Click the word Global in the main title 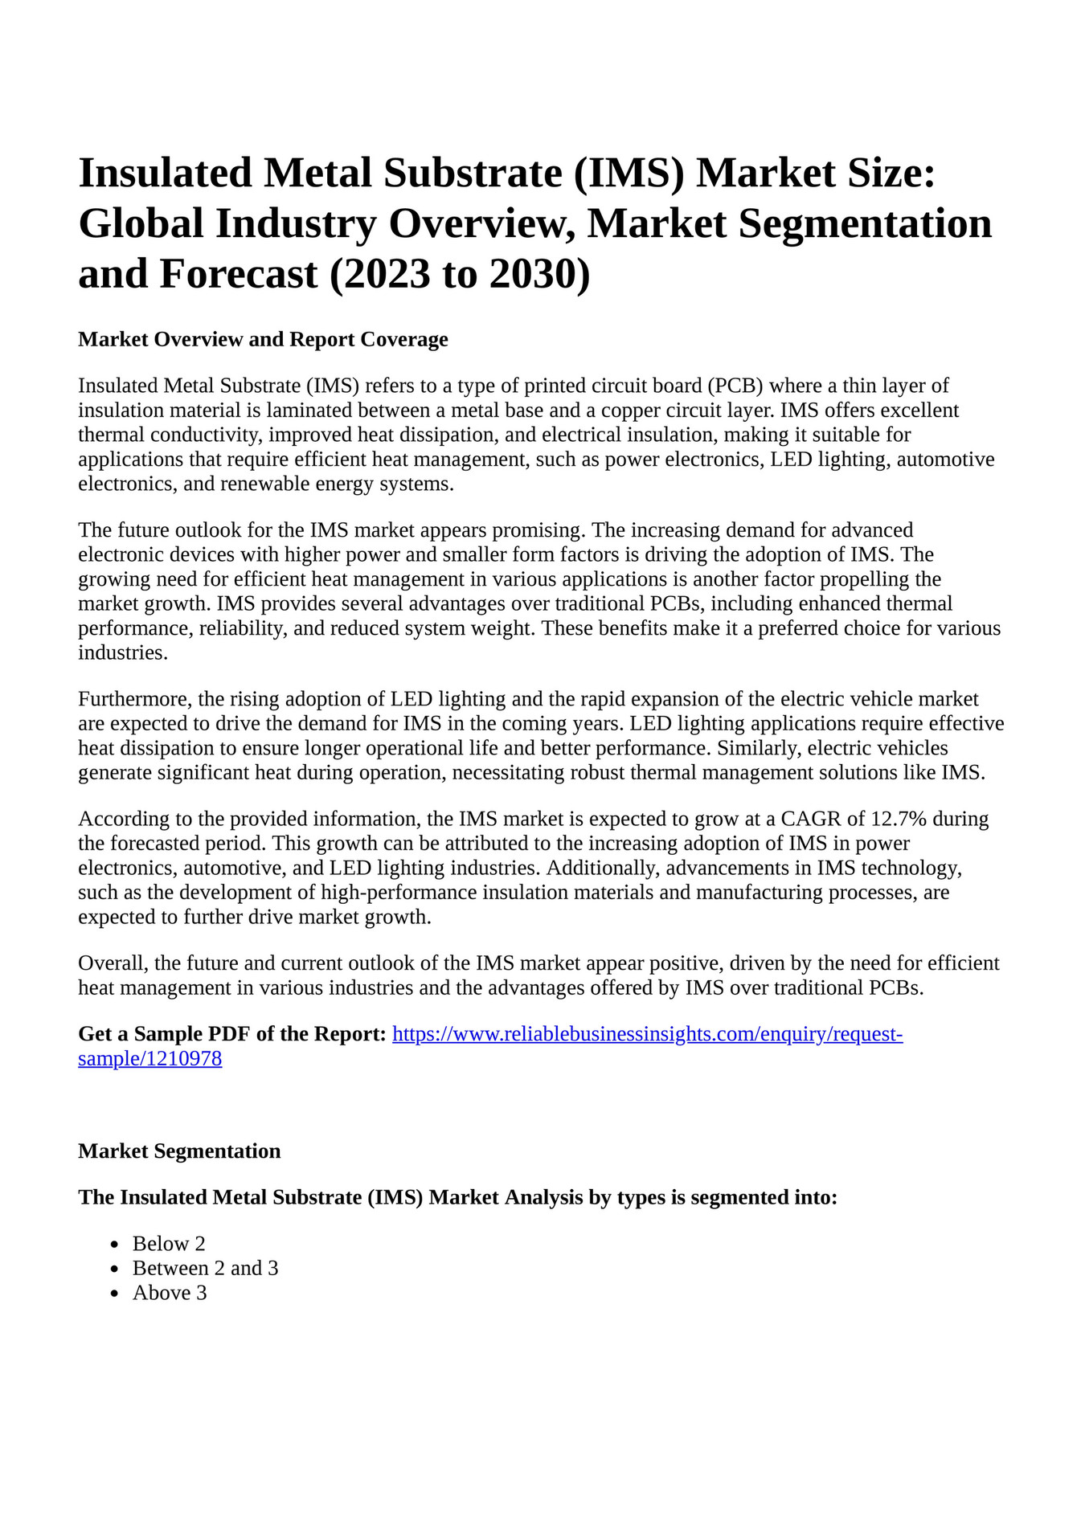141,224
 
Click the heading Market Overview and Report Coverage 263,339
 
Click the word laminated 311,411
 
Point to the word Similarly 759,749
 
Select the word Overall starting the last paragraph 111,963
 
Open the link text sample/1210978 149,1059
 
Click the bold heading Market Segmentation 179,1151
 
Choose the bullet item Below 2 169,1244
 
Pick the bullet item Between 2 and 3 205,1269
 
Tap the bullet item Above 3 170,1293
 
